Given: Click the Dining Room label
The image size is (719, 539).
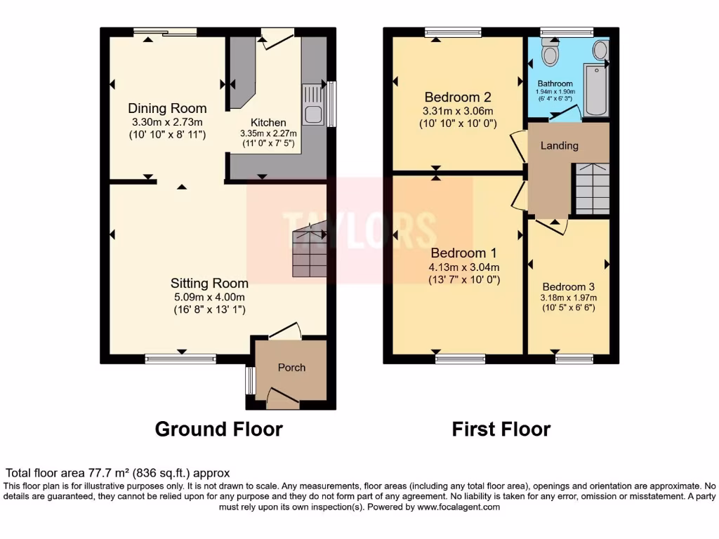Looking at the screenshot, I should [167, 108].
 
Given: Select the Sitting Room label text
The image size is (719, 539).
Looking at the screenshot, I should [209, 284].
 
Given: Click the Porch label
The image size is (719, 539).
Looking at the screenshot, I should [292, 367].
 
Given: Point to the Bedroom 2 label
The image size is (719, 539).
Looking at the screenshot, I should [457, 98].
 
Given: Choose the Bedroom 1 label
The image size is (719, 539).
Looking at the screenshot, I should [464, 253].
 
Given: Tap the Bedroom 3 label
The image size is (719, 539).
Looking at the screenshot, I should [568, 287].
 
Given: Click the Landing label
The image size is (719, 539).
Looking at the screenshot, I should [559, 145].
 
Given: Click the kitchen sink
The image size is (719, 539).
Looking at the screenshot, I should [312, 105].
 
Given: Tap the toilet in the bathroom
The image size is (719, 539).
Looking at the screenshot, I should [550, 53].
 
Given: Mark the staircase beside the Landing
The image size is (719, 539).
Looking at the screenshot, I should [591, 188].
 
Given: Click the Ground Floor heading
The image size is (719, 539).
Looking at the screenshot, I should [218, 429].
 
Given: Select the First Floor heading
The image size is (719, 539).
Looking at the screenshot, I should [501, 429].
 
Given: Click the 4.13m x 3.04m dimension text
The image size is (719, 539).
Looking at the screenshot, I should [464, 267].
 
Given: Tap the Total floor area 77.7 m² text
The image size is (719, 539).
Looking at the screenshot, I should [118, 474].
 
